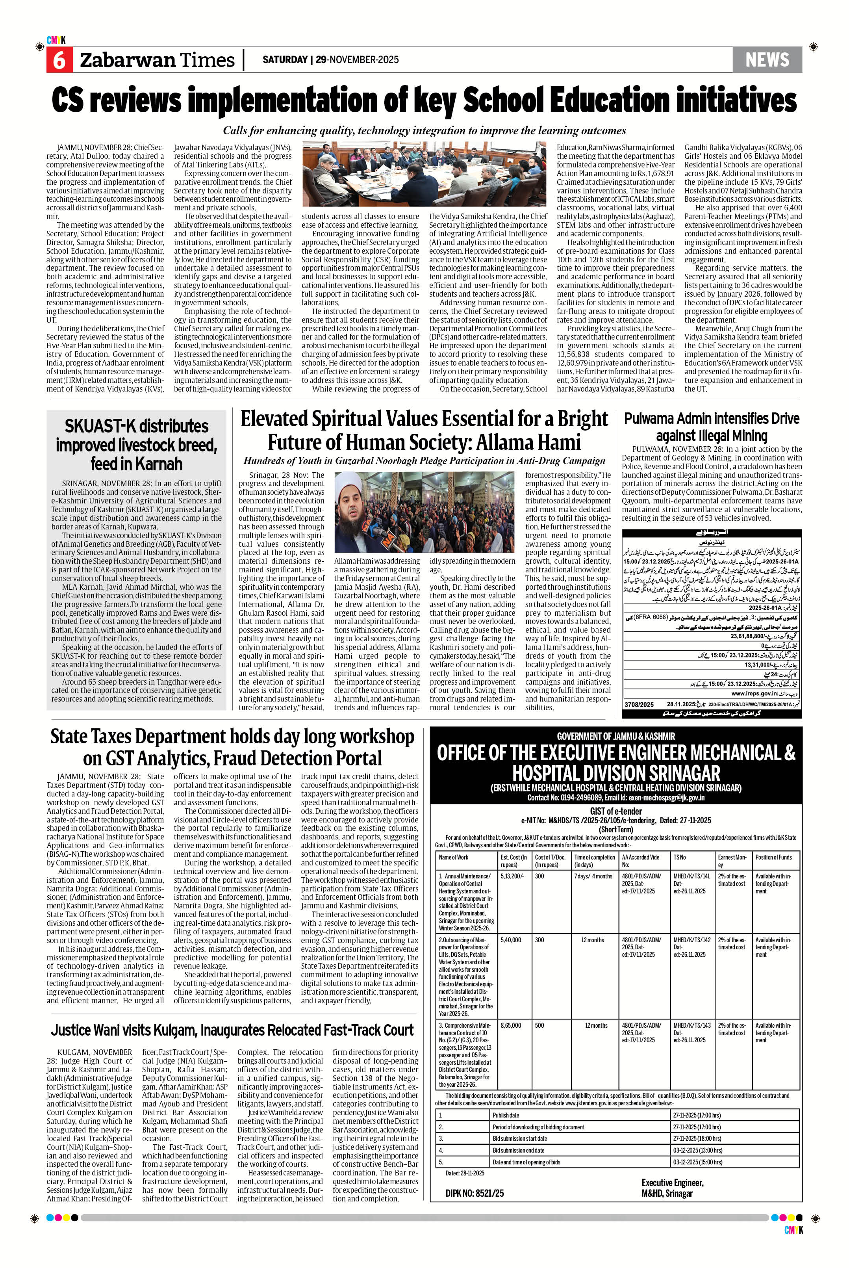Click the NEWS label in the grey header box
pos(767,59)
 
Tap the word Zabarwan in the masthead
pos(127,60)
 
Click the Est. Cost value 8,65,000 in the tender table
pos(511,1025)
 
